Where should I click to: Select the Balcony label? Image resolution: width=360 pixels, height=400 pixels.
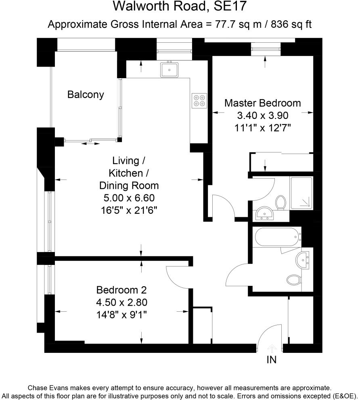point(86,95)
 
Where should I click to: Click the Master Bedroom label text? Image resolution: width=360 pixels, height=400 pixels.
point(262,103)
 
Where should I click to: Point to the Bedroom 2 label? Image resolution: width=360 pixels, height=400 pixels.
point(121,290)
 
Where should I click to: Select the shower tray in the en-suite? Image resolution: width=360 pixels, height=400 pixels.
point(301,193)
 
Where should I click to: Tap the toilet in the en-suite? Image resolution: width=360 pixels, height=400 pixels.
point(280,201)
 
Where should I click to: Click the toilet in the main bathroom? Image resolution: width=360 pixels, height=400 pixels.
point(294,279)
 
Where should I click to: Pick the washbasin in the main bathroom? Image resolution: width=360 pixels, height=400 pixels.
point(303,260)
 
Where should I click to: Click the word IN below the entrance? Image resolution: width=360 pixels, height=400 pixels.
point(272,360)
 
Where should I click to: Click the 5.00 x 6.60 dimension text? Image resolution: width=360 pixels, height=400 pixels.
point(129,198)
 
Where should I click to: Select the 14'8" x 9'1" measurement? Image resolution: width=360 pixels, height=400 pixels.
point(121,315)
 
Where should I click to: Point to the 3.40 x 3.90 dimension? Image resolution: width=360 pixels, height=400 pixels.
point(262,115)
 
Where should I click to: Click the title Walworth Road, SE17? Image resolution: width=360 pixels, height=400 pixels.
point(180,7)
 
